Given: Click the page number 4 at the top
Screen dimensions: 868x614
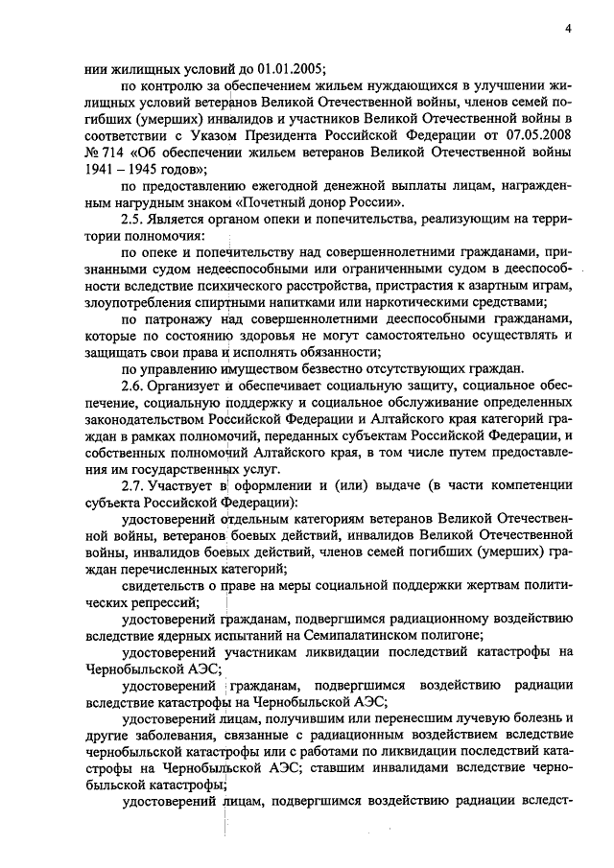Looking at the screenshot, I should tap(569, 28).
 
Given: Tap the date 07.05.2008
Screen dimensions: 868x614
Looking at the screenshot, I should tap(537, 134).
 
